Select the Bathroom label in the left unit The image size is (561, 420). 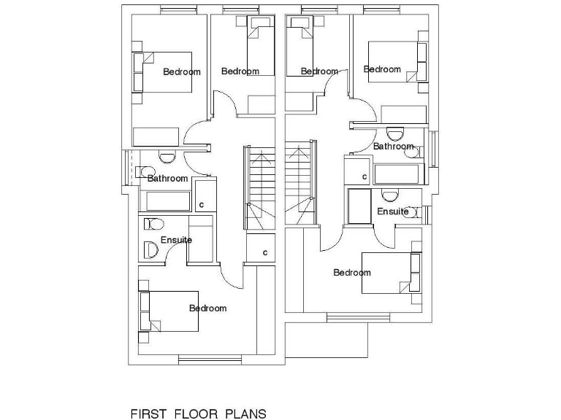tap(167, 179)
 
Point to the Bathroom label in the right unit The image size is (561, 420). tap(393, 147)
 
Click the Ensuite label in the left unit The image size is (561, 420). tap(176, 240)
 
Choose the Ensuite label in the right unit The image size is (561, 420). tap(393, 211)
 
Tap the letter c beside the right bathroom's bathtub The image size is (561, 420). tap(365, 176)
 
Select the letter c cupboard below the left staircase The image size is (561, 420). tap(264, 252)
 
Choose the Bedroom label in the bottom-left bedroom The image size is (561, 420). tap(207, 308)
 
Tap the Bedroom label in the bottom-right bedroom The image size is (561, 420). tap(352, 273)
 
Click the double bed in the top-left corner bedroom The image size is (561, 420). tap(162, 71)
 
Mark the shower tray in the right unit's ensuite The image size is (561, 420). tap(359, 207)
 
